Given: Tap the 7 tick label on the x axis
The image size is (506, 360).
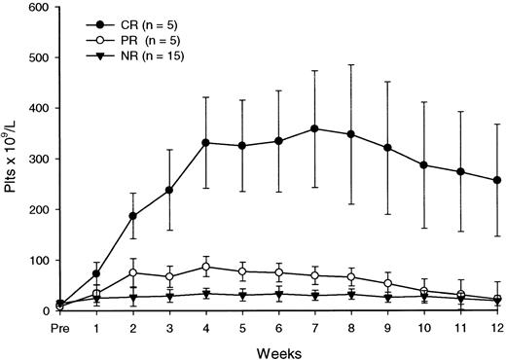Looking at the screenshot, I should (314, 329).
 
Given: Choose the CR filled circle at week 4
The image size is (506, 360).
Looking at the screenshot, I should (206, 143).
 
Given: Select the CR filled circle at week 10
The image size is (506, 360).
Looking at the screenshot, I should (424, 165).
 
